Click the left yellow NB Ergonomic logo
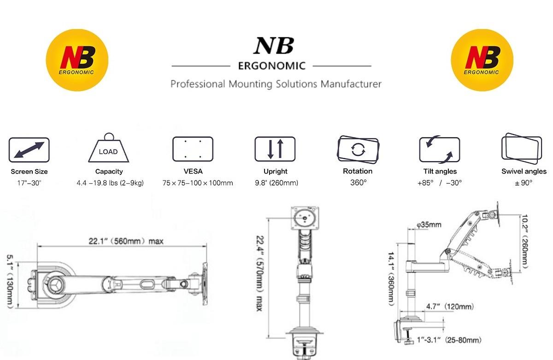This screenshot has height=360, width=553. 77,60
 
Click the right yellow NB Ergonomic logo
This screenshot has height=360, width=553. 482,60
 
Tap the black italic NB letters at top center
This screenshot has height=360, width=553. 274,46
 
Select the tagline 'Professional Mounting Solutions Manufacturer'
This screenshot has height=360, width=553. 276,84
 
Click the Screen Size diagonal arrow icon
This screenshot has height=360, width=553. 29,150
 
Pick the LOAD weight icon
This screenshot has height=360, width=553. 109,148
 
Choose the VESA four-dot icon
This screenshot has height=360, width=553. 193,149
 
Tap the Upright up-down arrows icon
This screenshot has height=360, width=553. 275,149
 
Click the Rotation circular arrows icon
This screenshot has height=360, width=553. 358,150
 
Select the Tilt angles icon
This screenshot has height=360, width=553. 440,150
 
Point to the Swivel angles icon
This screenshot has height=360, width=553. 522,148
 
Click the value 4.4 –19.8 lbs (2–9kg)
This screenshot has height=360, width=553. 110,183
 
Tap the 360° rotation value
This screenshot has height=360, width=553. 358,182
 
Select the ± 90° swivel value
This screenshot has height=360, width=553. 524,183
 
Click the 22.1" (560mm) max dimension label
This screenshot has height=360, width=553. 126,241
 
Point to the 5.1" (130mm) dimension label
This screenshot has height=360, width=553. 10,282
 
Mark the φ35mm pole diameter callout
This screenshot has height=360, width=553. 429,225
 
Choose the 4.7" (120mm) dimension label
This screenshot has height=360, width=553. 450,306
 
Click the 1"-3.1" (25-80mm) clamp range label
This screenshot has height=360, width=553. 449,340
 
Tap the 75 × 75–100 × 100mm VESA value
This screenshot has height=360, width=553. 198,183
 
